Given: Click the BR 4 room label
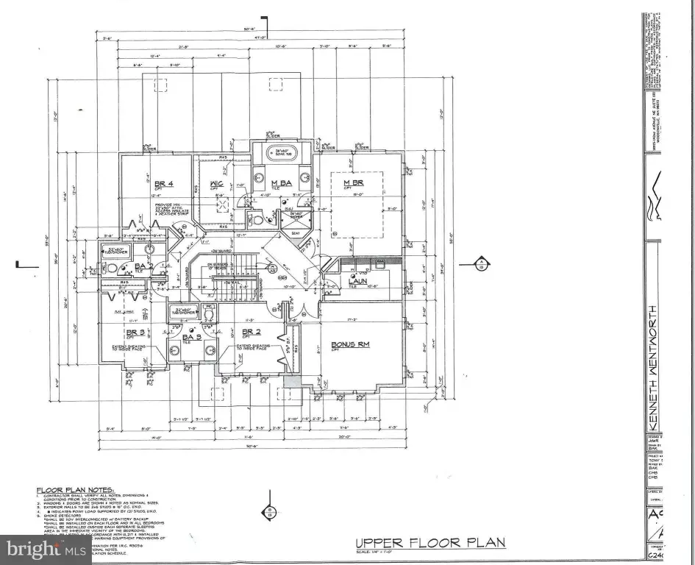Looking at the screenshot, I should click(x=163, y=183).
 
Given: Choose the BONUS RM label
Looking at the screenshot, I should click(x=350, y=344).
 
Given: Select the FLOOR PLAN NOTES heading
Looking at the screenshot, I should click(x=76, y=489).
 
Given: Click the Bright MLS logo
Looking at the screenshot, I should click(x=46, y=548).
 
